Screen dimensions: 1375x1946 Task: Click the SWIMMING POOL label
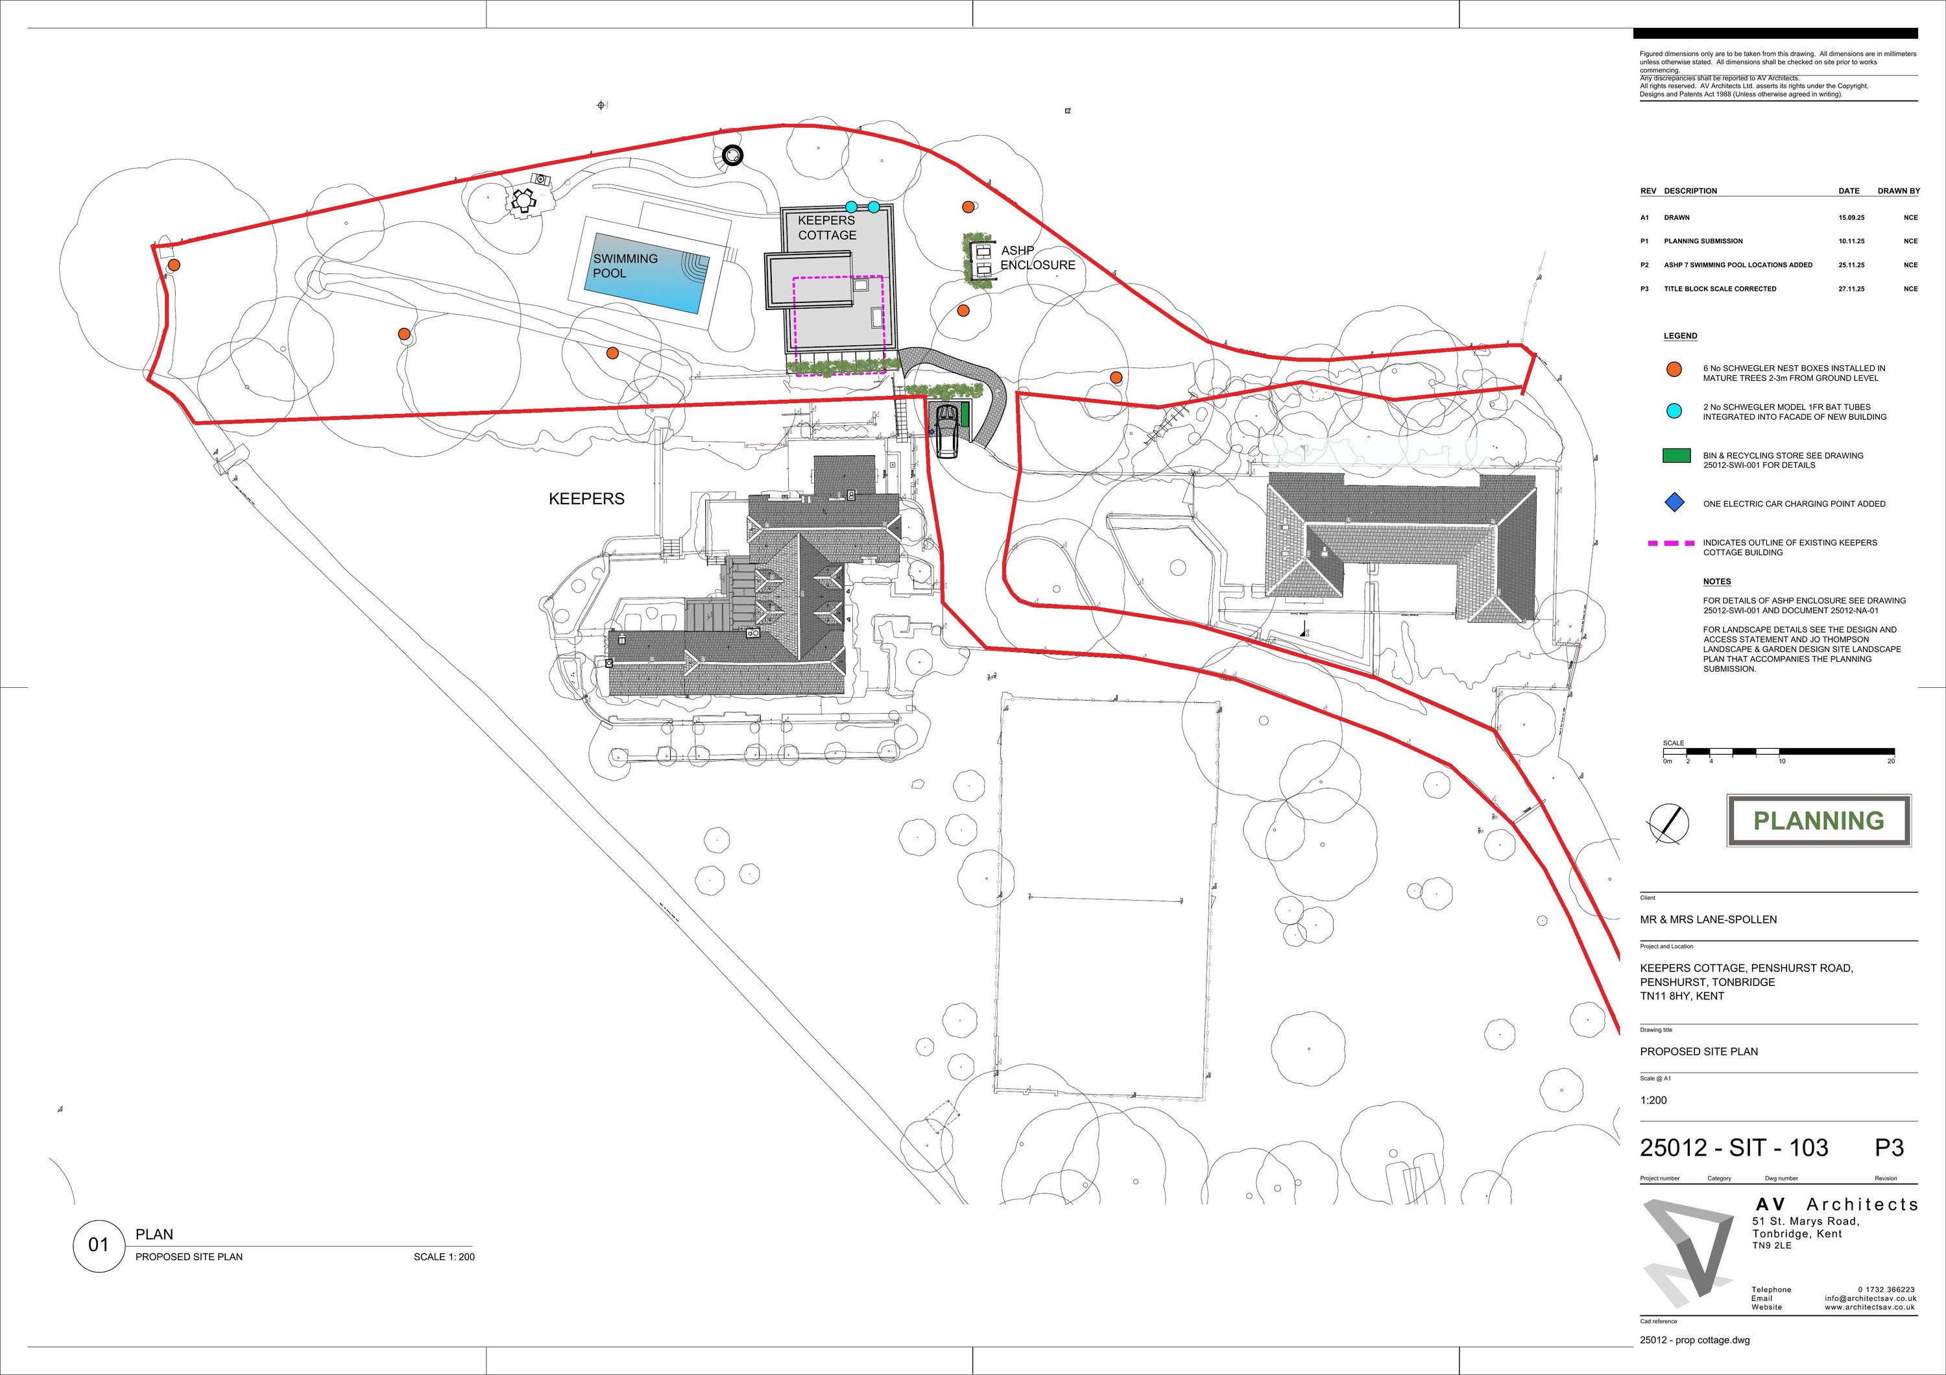click(625, 266)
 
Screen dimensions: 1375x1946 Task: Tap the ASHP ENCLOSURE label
click(1037, 258)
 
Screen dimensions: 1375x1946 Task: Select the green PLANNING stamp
click(1818, 821)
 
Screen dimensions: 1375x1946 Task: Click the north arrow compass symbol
click(1667, 823)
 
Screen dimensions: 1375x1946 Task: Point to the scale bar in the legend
click(1778, 751)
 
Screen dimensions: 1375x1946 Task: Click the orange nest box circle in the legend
click(1674, 370)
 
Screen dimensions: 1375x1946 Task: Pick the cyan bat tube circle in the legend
click(1674, 411)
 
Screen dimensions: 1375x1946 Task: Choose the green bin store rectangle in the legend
click(1676, 456)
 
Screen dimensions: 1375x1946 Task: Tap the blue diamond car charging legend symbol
click(1674, 503)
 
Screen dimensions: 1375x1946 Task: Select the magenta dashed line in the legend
click(1670, 543)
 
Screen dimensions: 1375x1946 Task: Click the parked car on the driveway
click(945, 431)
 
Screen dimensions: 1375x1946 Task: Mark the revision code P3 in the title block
click(1889, 1148)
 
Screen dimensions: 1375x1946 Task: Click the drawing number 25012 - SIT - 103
click(1733, 1148)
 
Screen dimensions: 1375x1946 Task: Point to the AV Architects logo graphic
click(1687, 1252)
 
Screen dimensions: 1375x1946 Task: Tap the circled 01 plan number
click(99, 1245)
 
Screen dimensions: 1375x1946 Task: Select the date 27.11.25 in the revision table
click(1851, 289)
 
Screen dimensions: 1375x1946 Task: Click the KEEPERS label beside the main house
click(586, 499)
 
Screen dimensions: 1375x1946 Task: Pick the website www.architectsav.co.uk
click(1869, 1307)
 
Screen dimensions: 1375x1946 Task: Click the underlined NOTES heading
click(1717, 581)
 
